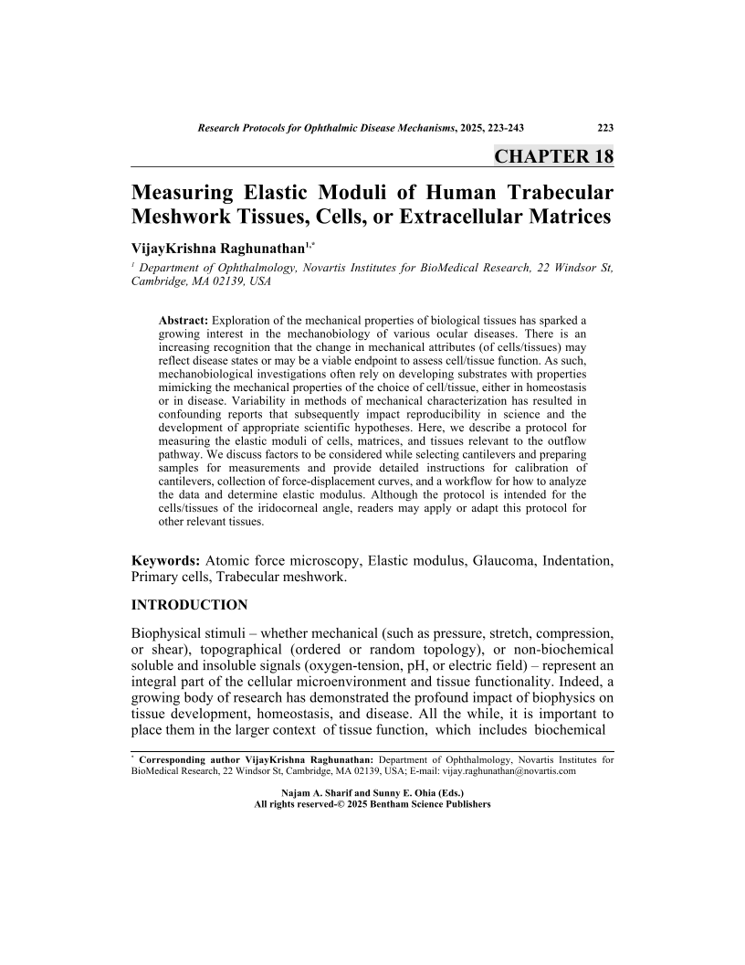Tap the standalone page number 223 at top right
click(604, 129)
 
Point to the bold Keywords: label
click(167, 559)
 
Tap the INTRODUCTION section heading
click(190, 605)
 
